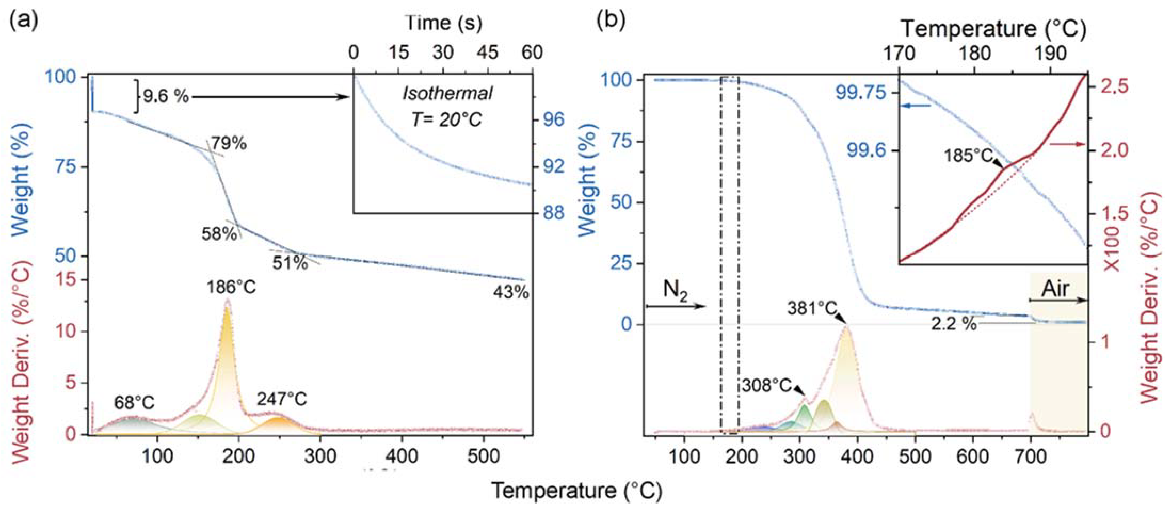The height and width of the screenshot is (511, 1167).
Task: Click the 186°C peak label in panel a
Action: coord(231,287)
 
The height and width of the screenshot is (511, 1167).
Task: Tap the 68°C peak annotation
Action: coord(134,402)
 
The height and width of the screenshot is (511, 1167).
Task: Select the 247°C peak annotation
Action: coord(282,399)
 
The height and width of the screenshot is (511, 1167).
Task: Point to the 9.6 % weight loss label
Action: coord(166,97)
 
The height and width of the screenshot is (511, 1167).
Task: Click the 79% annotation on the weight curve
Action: coord(228,143)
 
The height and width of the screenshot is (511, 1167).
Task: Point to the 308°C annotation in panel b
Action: coord(767,385)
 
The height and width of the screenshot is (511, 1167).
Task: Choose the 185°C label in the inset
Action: coord(968,156)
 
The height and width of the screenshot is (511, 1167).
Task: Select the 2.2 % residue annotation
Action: coord(954,337)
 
